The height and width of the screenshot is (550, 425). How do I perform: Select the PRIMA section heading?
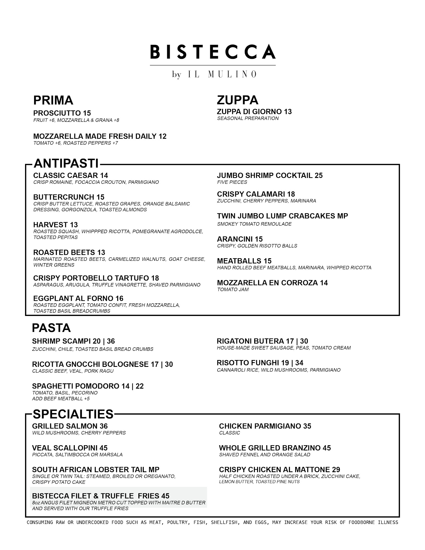53,100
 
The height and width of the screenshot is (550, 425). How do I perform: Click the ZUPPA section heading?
237,100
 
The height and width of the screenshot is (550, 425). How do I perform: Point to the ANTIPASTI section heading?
66,164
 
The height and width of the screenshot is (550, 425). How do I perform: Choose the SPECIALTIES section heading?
73,414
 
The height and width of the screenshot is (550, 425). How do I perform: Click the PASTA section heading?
51,328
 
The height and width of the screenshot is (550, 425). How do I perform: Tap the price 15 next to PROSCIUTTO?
87,113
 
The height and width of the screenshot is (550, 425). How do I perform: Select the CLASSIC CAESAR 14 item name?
70,175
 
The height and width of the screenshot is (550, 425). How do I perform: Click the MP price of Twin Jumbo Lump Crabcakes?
342,216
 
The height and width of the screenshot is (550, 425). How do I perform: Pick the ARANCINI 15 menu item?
240,239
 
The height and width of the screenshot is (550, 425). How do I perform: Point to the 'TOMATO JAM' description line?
233,290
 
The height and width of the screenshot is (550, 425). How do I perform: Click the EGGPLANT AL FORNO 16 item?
78,298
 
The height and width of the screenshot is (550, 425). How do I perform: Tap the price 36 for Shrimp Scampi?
111,341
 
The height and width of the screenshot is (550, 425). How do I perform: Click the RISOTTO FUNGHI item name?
249,363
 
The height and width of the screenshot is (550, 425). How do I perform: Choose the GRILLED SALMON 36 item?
70,426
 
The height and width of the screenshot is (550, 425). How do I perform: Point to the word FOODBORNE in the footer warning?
361,522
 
